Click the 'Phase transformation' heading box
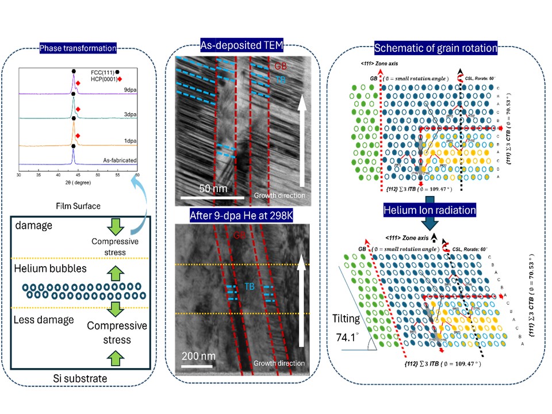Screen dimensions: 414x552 point(77,48)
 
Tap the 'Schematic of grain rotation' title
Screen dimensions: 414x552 point(436,48)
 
